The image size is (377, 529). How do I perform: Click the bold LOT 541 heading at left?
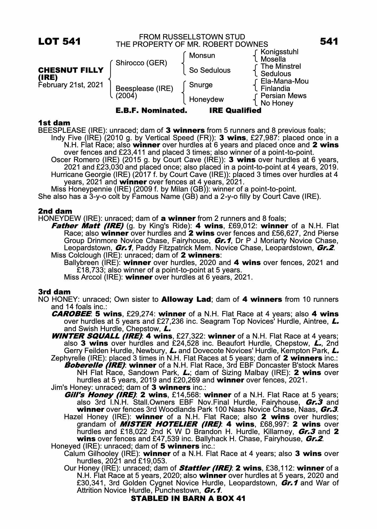[x=59, y=42]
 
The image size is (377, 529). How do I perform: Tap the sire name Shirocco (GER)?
[x=141, y=63]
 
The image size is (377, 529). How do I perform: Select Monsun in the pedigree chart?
[x=202, y=56]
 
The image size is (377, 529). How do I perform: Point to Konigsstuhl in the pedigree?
[x=279, y=52]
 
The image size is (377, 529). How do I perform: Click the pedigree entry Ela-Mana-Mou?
[x=284, y=81]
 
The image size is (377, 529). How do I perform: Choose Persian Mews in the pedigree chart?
[x=283, y=96]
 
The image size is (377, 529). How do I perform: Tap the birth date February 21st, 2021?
[x=71, y=85]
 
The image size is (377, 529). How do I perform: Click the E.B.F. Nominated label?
[x=151, y=111]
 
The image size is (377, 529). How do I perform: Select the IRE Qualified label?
[x=235, y=111]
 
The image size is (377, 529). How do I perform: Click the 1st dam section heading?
[x=54, y=123]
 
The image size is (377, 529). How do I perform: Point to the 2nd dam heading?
[x=55, y=211]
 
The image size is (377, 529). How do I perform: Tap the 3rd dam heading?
[x=54, y=292]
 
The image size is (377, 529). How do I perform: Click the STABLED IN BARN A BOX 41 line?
[x=188, y=499]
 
